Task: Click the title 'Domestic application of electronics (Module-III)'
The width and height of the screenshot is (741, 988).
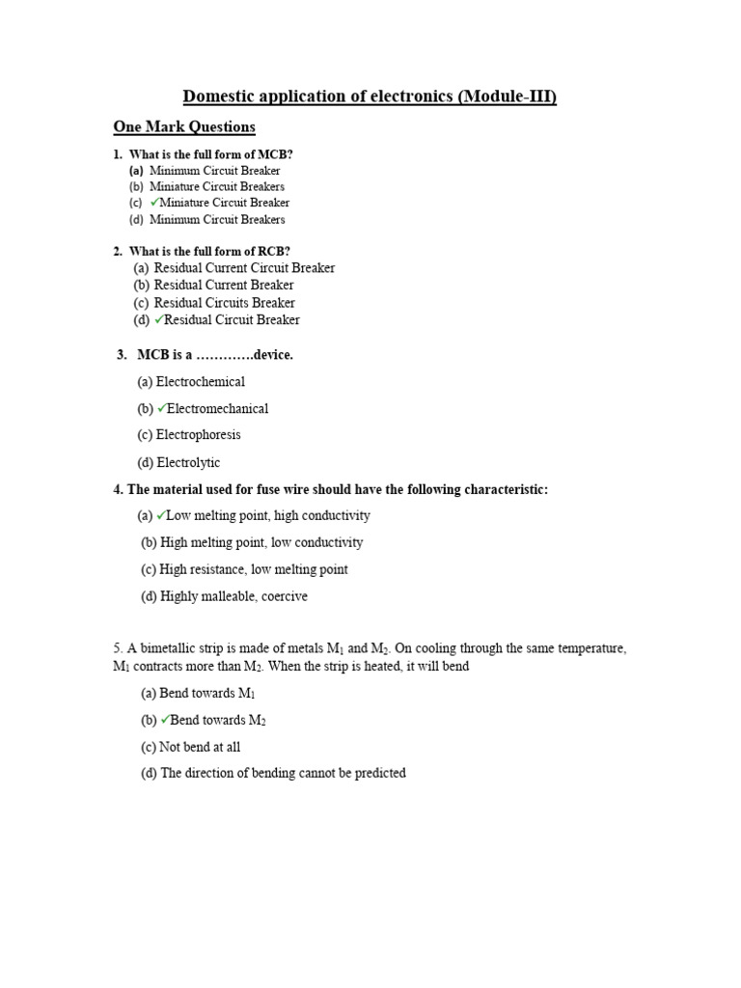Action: pos(370,96)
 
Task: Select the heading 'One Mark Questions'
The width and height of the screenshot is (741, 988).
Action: pos(184,127)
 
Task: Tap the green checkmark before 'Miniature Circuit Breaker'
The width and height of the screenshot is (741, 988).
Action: pos(154,203)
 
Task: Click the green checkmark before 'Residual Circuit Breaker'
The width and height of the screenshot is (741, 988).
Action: pos(159,319)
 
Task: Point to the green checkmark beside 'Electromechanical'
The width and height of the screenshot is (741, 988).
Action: pos(161,408)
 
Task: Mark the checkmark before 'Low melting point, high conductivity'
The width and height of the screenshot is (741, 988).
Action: pos(161,515)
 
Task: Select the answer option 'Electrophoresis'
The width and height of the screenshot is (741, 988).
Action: pos(198,435)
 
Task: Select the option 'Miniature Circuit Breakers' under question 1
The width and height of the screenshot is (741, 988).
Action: pos(217,186)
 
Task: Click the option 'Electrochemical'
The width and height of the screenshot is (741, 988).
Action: pos(200,381)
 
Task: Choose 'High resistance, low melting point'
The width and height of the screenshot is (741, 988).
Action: pos(254,569)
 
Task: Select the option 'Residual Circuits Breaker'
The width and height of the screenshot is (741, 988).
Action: pos(224,302)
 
